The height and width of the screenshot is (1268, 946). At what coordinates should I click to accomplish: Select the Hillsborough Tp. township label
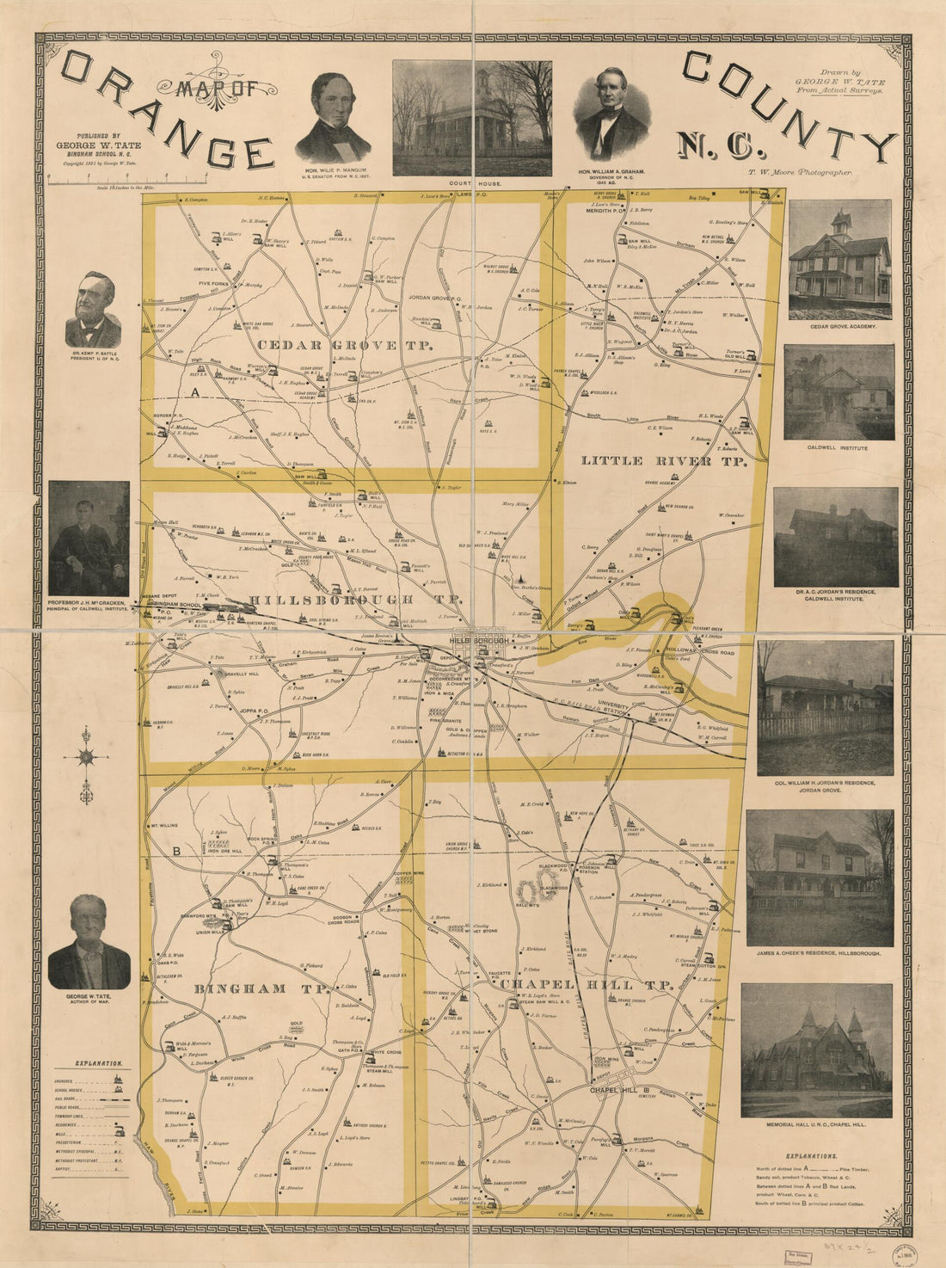[x=345, y=599]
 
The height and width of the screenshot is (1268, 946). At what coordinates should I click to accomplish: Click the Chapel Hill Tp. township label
[x=586, y=984]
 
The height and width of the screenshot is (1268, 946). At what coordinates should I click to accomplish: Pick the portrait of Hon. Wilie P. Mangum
[x=333, y=118]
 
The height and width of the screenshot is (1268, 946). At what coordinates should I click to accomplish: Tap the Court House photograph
[x=472, y=118]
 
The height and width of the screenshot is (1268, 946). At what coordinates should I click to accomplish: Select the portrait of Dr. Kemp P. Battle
[x=93, y=310]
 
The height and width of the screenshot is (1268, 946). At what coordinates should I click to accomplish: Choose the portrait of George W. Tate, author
[x=89, y=942]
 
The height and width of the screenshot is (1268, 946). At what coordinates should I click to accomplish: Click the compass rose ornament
[x=86, y=758]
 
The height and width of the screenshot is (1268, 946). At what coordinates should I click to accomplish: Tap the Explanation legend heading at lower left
[x=99, y=1063]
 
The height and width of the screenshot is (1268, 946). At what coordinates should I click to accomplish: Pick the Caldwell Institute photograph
[x=838, y=392]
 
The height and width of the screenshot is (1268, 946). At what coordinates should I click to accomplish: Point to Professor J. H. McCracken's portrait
[x=89, y=539]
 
